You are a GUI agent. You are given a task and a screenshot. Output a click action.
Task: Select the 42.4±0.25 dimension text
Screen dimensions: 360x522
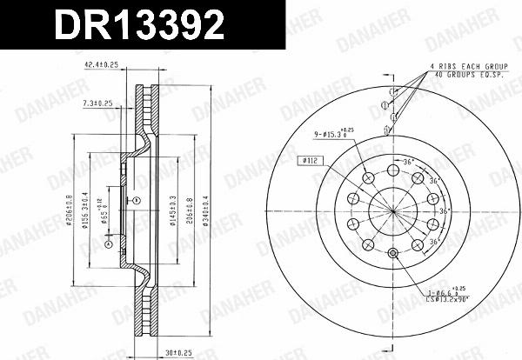[x=100, y=66]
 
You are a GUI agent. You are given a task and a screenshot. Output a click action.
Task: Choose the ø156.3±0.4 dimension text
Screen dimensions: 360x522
[x=84, y=208]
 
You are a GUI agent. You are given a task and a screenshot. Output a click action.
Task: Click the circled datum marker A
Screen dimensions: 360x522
[x=108, y=245]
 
